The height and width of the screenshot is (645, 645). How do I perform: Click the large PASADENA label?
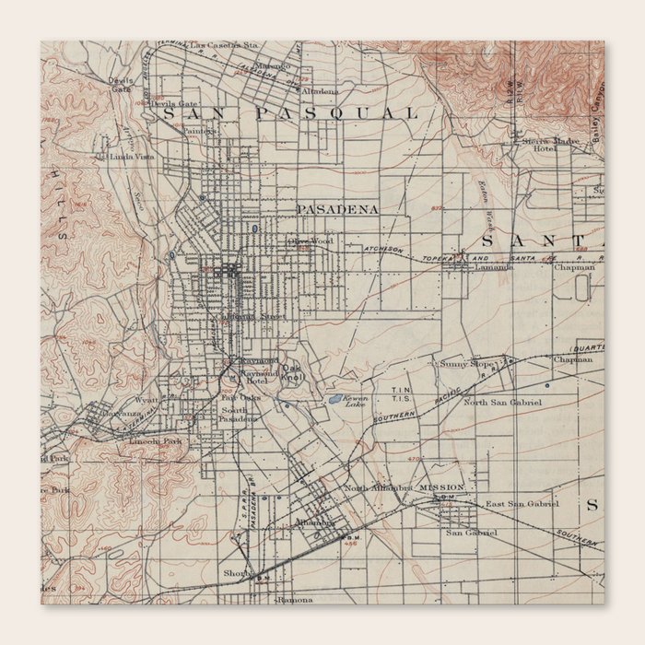pyautogui.click(x=337, y=210)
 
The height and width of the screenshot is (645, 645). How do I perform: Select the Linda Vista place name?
pyautogui.click(x=130, y=158)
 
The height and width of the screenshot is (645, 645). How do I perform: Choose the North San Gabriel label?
pyautogui.click(x=502, y=403)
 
